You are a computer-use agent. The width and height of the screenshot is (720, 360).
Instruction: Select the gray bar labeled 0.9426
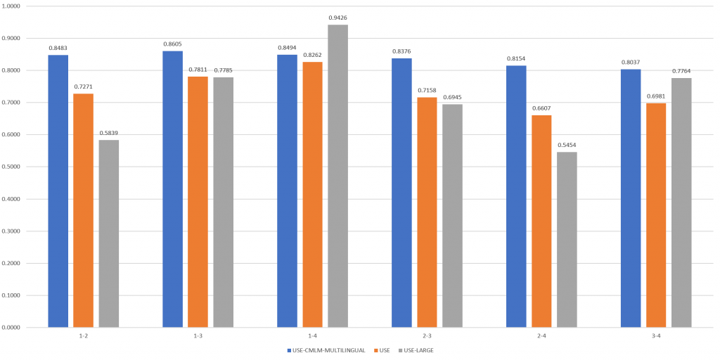point(337,176)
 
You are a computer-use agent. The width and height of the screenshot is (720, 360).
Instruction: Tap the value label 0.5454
point(567,145)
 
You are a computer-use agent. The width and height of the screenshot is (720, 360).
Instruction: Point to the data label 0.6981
point(656,96)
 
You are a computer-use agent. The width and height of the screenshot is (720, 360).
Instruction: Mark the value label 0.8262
point(312,55)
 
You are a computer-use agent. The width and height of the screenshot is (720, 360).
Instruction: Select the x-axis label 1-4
point(312,336)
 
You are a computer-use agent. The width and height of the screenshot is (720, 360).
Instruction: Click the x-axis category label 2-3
point(427,336)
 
